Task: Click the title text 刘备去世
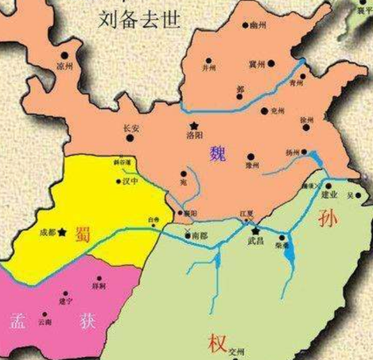tap(146, 17)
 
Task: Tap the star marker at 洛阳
tap(193, 126)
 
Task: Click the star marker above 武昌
tap(256, 231)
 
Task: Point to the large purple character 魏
tap(217, 153)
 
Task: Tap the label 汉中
tap(122, 182)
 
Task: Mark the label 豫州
tap(252, 166)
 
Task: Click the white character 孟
tap(18, 321)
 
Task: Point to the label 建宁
tap(68, 293)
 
